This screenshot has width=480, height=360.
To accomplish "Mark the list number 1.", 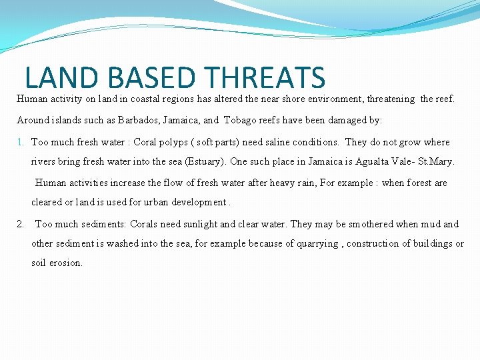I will point(21,142).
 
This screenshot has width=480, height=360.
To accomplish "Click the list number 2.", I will point(21,224).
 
